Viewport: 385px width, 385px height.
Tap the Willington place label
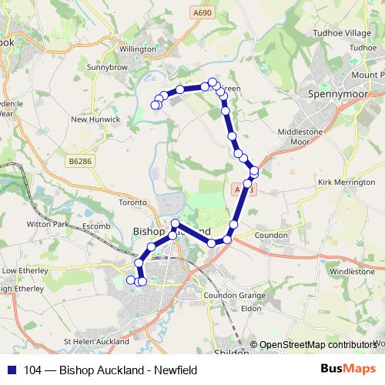[x=137, y=49]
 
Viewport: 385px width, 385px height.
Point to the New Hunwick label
[x=95, y=119]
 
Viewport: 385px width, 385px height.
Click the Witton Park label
[x=48, y=225]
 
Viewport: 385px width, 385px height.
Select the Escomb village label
[x=97, y=226]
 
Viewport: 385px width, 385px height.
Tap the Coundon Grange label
[x=234, y=296]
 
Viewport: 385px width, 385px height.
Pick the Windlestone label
[x=351, y=272]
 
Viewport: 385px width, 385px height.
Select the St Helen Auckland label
[x=96, y=341]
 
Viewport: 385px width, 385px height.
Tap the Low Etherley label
[x=24, y=271]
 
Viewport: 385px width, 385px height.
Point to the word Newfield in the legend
[x=176, y=370]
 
